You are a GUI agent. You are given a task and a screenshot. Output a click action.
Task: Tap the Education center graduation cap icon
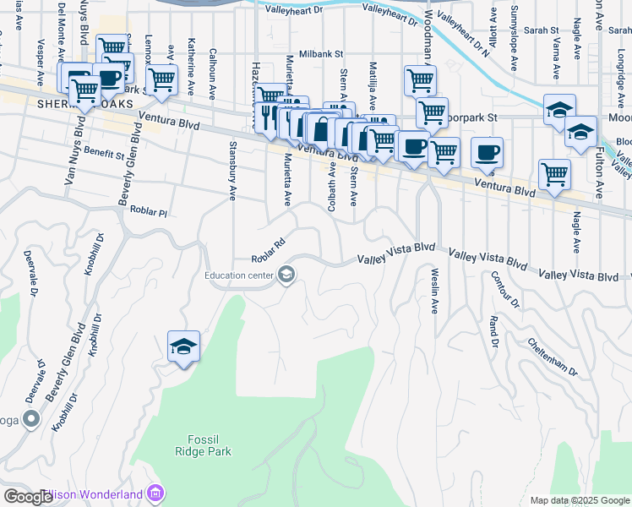click(286, 274)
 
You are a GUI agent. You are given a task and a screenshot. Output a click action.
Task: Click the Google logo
click(29, 496)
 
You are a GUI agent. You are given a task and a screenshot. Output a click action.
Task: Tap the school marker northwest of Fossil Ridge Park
click(183, 347)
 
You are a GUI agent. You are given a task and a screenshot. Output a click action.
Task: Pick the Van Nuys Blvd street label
click(74, 158)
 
